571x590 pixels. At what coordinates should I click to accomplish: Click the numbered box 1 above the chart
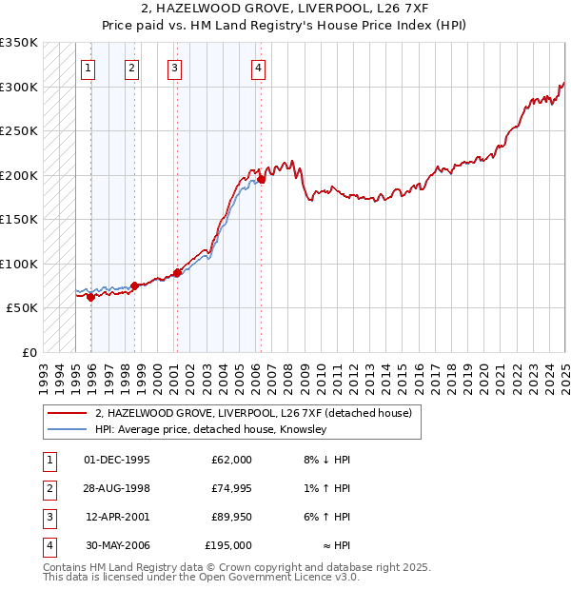88,68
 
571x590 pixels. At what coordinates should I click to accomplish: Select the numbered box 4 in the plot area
259,68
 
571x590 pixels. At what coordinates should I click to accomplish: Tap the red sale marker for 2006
261,179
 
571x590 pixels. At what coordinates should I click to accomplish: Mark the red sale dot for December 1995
91,297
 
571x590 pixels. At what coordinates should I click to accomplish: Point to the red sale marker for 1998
135,285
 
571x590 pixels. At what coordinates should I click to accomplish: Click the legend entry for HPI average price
210,430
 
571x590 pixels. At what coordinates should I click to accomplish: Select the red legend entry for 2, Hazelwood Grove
253,413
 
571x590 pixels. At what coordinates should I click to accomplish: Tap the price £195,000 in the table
228,545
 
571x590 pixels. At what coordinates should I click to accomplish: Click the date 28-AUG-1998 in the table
117,488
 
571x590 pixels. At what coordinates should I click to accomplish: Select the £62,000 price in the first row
231,460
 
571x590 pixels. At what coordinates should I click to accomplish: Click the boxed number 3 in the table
49,517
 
